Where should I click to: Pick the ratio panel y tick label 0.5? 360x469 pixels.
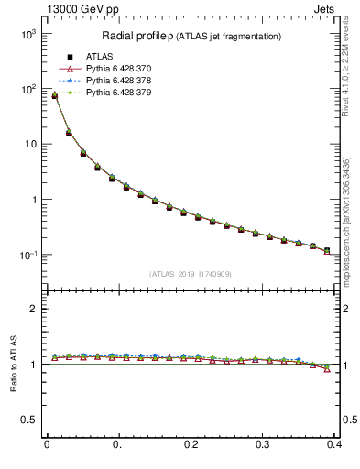(x=29, y=420)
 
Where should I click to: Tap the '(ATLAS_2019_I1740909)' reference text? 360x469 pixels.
(x=191, y=274)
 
